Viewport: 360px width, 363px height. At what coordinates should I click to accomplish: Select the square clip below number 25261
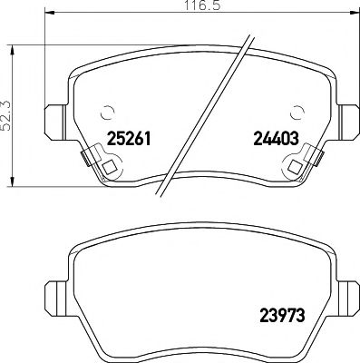click(108, 168)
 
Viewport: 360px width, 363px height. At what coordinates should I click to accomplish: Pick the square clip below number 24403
click(295, 168)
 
